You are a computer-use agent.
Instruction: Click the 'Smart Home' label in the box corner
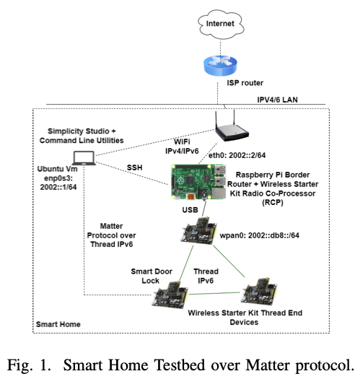click(x=59, y=326)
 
